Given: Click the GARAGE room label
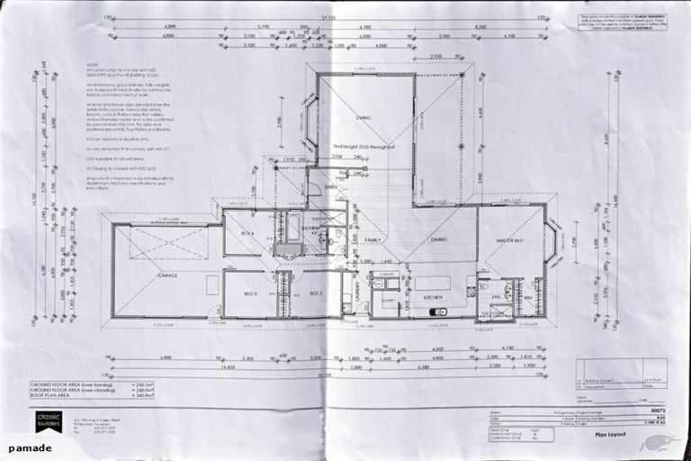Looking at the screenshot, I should click(166, 275).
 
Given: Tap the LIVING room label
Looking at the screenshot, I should click(363, 118).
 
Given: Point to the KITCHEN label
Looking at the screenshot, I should click(433, 297).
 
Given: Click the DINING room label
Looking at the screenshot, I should click(438, 240).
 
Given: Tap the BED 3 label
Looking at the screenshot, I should click(250, 294).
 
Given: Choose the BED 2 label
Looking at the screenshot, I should click(316, 294).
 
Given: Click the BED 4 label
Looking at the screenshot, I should click(247, 234).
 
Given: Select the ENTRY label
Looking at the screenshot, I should click(331, 187).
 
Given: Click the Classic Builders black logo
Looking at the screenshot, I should click(49, 421).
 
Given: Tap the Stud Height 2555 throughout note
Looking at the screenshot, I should click(363, 146).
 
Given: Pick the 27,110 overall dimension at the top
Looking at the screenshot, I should click(328, 16).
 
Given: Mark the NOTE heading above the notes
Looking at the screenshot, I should click(93, 65).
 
